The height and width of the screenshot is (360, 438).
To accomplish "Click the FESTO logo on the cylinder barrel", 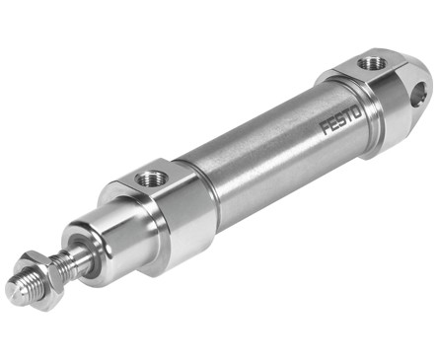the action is point(341,121).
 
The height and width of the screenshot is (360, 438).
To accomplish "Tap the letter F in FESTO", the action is point(326,128).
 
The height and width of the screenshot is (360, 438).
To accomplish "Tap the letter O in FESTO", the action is point(356,114).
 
